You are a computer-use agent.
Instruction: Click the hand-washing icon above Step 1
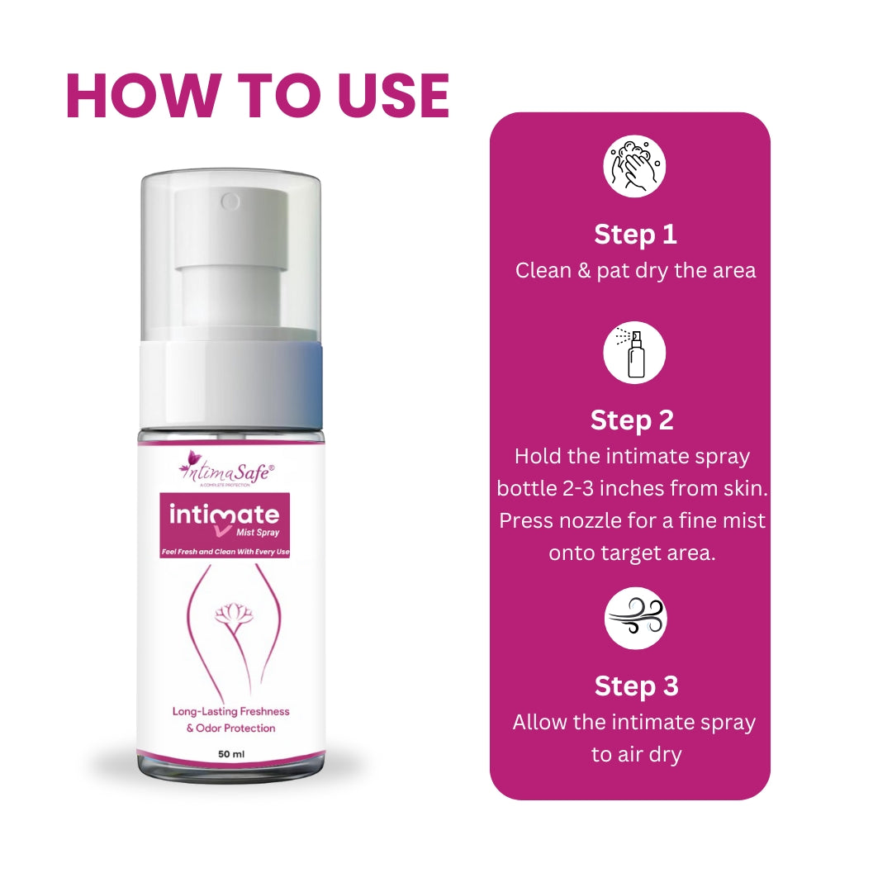click(x=634, y=166)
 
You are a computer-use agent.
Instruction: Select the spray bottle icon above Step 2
click(x=634, y=353)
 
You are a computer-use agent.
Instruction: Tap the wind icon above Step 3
click(x=635, y=619)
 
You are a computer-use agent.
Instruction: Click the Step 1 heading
click(x=635, y=235)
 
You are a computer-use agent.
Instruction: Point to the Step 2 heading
click(x=632, y=420)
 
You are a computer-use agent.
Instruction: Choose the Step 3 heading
click(x=637, y=686)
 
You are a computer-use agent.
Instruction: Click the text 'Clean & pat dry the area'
click(x=635, y=271)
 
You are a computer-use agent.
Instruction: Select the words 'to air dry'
click(x=636, y=755)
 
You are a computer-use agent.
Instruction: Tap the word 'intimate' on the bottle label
click(x=224, y=515)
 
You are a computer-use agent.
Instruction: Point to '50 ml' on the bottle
click(x=231, y=754)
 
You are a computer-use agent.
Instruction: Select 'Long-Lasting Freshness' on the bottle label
click(x=231, y=712)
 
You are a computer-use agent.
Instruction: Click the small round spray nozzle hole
click(x=230, y=202)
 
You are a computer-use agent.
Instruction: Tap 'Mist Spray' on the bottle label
click(x=258, y=533)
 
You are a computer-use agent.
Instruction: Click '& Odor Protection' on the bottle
click(x=231, y=728)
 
